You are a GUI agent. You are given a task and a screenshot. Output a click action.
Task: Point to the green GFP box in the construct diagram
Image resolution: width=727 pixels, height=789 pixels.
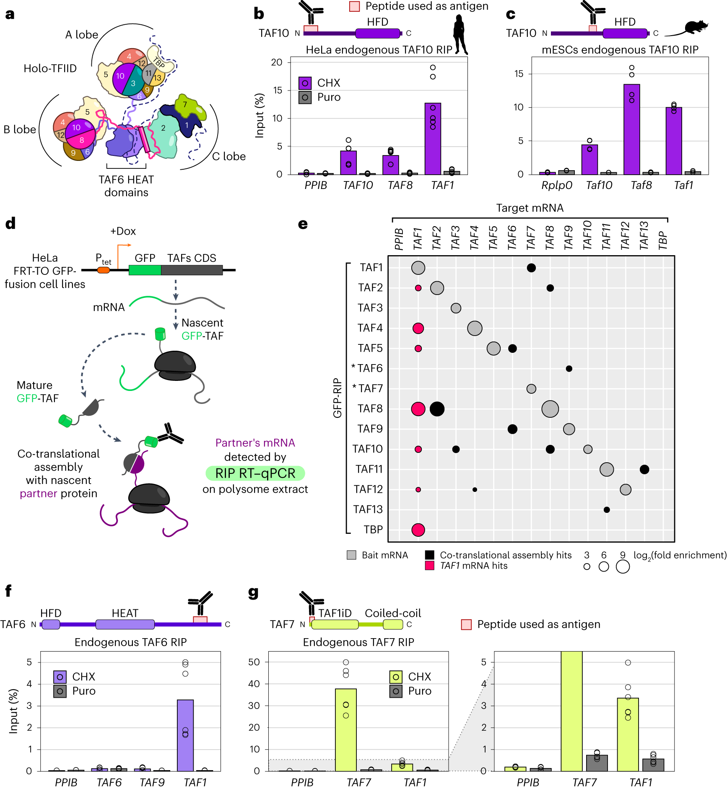(145, 270)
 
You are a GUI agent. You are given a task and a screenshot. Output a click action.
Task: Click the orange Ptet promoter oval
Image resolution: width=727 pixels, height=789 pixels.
(103, 270)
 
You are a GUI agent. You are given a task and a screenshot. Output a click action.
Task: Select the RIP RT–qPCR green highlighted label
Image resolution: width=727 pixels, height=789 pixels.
(255, 473)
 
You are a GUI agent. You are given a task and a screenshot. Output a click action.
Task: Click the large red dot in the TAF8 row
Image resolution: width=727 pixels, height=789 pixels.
(418, 409)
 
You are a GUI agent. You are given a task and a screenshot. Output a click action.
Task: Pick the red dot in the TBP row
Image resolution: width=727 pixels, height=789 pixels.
(418, 530)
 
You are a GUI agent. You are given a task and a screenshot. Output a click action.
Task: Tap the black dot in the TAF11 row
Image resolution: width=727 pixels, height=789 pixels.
(644, 469)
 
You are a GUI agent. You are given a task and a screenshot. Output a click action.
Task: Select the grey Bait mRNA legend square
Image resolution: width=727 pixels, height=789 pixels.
(351, 555)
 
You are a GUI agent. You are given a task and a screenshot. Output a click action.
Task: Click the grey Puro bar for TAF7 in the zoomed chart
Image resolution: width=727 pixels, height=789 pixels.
(597, 763)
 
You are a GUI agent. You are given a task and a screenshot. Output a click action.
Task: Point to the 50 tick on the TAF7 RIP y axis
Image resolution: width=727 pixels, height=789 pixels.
(254, 662)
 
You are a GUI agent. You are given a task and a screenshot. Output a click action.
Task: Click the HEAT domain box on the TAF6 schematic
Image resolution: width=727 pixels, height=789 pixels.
(125, 624)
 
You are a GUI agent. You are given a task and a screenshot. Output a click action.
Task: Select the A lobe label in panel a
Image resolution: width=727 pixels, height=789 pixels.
(82, 35)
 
